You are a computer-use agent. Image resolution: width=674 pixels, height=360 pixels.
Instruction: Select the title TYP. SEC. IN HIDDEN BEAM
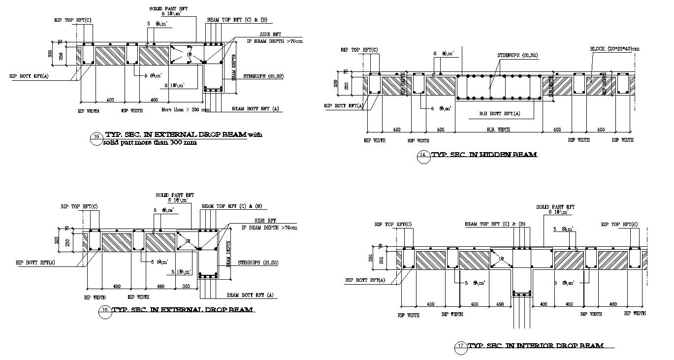coord(484,155)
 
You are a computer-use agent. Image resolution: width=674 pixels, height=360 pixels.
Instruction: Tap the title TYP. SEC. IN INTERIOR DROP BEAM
coord(535,346)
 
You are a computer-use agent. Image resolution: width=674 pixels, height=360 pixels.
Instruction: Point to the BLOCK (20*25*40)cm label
coord(614,49)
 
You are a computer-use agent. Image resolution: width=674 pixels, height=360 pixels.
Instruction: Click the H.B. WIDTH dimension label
coord(498,130)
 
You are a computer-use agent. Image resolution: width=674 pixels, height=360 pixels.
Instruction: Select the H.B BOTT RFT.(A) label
coord(500,114)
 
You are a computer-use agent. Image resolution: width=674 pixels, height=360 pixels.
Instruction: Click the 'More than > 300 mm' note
coord(186,110)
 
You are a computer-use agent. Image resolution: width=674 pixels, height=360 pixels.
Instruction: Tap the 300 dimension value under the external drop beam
coord(186,286)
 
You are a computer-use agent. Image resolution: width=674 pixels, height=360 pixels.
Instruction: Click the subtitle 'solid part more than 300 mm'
coord(150,143)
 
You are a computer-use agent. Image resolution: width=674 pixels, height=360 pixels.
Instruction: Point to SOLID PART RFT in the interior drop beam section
coord(555,207)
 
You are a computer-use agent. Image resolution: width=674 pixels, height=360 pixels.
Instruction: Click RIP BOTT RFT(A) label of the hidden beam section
coord(344,105)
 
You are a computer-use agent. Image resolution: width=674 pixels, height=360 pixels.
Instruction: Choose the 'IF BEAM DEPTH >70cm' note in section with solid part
coord(274,41)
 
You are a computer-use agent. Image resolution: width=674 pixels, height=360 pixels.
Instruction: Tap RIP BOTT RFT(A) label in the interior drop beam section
coord(364,280)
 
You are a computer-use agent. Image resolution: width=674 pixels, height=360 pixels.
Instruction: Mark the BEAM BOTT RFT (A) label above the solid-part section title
coord(255,108)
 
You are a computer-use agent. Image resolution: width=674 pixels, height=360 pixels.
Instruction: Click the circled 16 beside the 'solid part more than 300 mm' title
coord(96,138)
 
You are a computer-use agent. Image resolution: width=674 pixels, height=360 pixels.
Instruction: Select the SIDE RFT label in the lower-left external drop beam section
coord(265,221)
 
